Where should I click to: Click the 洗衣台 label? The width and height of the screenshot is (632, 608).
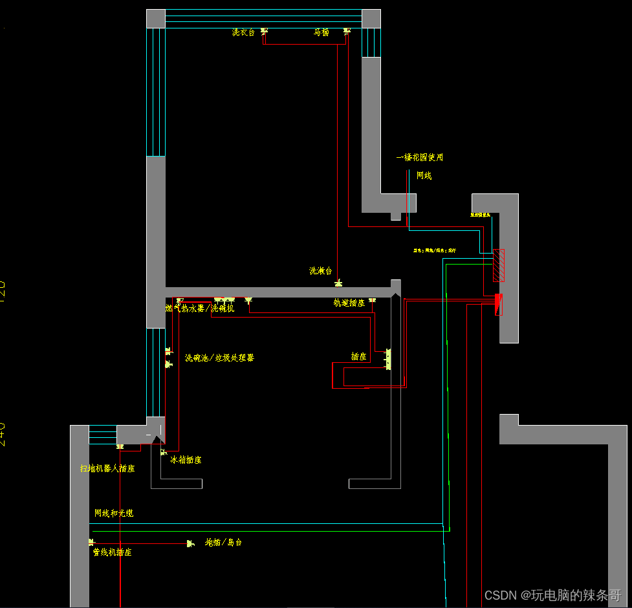(x=243, y=32)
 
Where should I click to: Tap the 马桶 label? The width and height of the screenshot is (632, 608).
(x=321, y=32)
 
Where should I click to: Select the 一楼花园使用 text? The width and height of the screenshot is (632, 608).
(x=420, y=157)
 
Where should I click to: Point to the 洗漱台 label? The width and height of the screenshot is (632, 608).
(x=320, y=271)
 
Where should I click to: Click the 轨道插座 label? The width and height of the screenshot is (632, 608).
(x=349, y=303)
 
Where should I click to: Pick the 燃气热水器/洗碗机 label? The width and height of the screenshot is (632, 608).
(x=200, y=309)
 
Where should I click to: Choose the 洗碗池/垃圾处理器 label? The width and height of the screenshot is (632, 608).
(x=219, y=358)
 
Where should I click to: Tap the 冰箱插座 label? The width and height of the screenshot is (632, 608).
(x=186, y=460)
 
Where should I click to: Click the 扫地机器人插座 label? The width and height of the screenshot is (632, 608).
(x=107, y=468)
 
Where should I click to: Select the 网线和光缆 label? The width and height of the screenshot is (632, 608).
(x=114, y=513)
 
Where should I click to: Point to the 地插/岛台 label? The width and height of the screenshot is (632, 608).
(x=223, y=542)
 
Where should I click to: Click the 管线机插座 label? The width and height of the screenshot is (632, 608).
(x=112, y=552)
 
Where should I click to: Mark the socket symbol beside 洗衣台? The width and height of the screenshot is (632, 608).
(x=264, y=31)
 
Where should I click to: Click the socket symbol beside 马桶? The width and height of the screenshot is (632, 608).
(x=347, y=30)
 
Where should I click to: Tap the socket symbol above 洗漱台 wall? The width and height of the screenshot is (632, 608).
(x=338, y=283)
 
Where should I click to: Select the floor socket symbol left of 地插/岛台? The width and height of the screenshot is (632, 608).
(x=190, y=543)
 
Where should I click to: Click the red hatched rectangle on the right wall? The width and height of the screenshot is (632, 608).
(x=498, y=265)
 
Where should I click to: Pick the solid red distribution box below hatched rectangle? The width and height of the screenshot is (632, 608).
(x=499, y=303)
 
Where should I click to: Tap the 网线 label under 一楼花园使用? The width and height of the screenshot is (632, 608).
(x=424, y=175)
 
